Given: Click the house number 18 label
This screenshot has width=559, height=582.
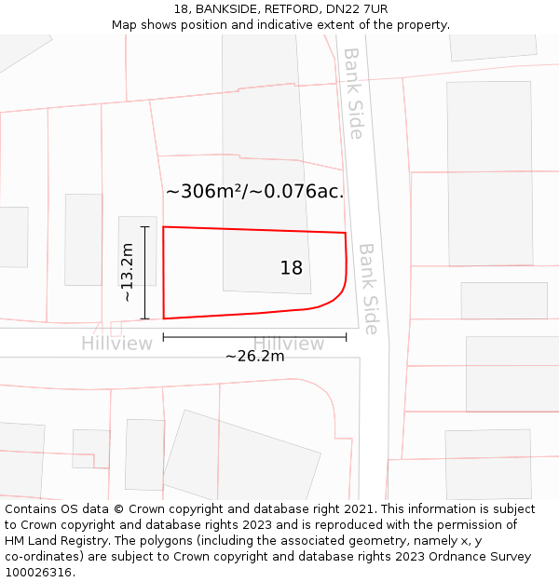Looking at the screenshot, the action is (292, 268).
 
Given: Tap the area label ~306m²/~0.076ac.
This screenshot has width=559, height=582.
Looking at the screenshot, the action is (255, 192).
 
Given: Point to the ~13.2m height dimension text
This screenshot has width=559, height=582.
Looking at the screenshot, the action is (127, 273).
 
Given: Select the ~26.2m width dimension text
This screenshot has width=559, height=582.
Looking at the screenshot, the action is (254, 355).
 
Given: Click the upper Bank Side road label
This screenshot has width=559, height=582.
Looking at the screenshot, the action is (353, 94).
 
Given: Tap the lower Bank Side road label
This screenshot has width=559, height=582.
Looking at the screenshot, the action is (368, 289).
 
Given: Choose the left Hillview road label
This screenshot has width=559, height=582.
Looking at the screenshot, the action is (116, 344).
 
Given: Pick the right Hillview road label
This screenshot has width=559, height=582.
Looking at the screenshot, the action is (289, 344).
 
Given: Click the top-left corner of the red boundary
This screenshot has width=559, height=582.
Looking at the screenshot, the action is (164, 227).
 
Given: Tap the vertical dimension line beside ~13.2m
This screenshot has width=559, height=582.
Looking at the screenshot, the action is (144, 273).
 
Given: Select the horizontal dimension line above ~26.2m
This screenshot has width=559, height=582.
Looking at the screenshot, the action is (254, 337).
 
